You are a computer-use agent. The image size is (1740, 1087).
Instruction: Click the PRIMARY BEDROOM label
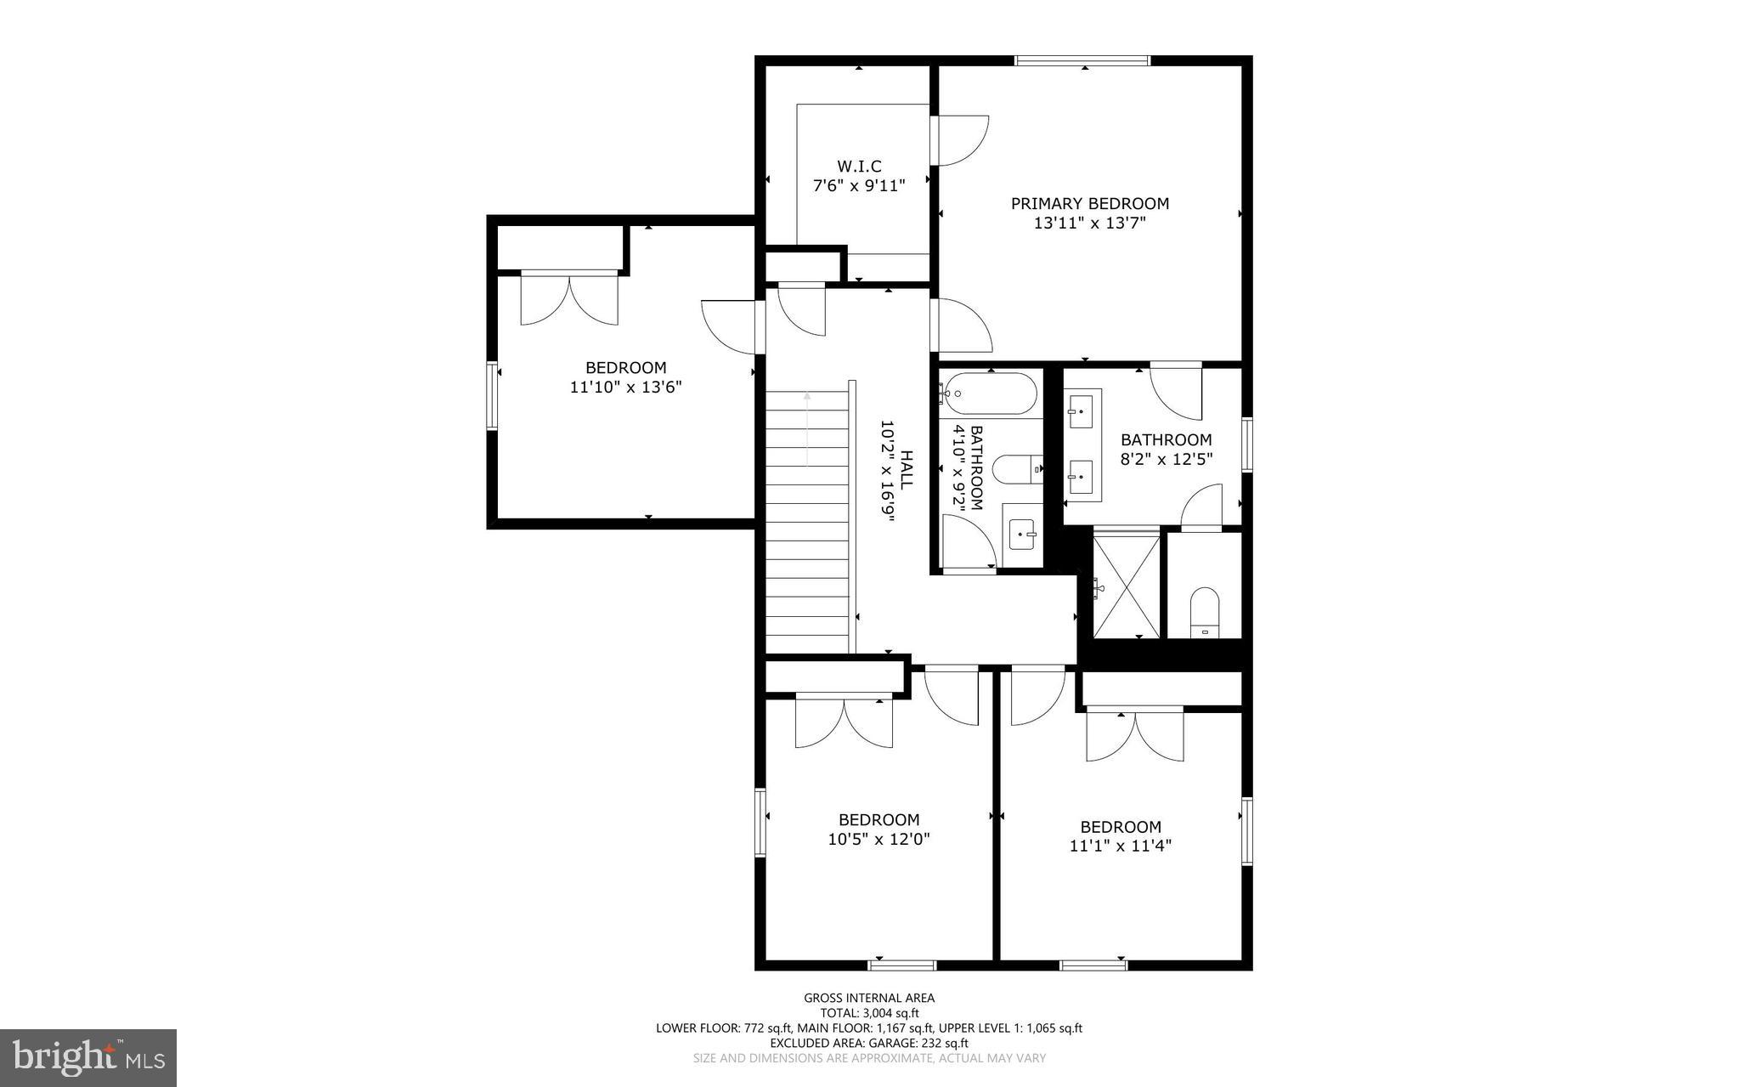[1089, 204]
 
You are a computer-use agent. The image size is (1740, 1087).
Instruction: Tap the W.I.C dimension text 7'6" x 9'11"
[859, 184]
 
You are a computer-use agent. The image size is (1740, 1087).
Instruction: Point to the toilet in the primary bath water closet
[1204, 611]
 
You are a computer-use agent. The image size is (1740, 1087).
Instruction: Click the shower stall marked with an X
[1127, 583]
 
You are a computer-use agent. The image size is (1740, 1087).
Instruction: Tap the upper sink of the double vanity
[1082, 411]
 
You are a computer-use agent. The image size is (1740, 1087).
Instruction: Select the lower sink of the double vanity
[1082, 478]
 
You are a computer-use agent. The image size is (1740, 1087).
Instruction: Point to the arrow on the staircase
[807, 429]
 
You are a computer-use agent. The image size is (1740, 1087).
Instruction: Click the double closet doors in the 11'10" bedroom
[569, 299]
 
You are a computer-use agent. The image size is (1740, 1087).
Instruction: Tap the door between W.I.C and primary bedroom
[960, 140]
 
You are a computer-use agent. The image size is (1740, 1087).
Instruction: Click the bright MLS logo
[88, 1057]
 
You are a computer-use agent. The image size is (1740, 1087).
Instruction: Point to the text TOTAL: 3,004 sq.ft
[869, 1013]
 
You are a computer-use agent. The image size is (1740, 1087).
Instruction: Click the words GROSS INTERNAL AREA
[869, 998]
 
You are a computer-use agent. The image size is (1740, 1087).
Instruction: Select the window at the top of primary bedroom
[1082, 60]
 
